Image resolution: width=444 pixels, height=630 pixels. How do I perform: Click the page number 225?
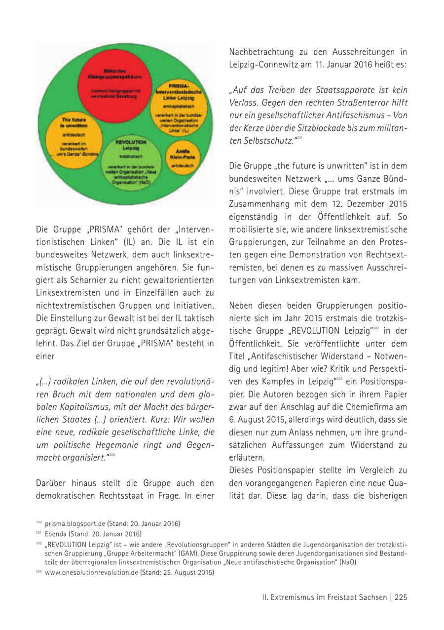[x=401, y=597]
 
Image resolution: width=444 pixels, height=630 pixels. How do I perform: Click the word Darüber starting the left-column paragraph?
[x=53, y=483]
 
